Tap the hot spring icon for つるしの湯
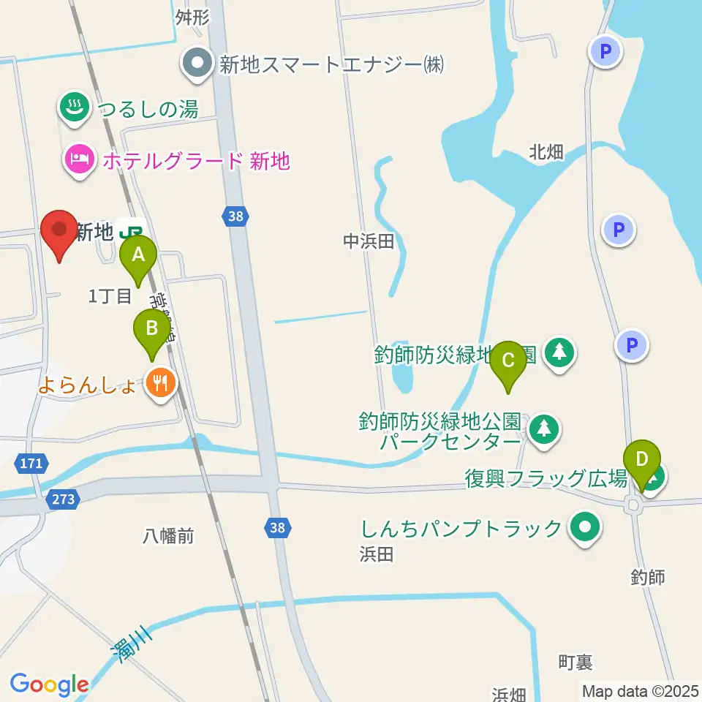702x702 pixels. coord(74,108)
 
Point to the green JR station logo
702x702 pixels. coord(132,230)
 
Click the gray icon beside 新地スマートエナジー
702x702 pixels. coord(196,64)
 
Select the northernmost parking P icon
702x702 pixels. coord(605,52)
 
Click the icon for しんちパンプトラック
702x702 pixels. coord(584,528)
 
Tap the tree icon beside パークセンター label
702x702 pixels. coord(543,430)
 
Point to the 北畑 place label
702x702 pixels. coord(546,152)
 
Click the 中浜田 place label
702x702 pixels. coord(369,241)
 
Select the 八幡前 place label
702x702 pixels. coord(168,536)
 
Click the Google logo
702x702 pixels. coord(49,685)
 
